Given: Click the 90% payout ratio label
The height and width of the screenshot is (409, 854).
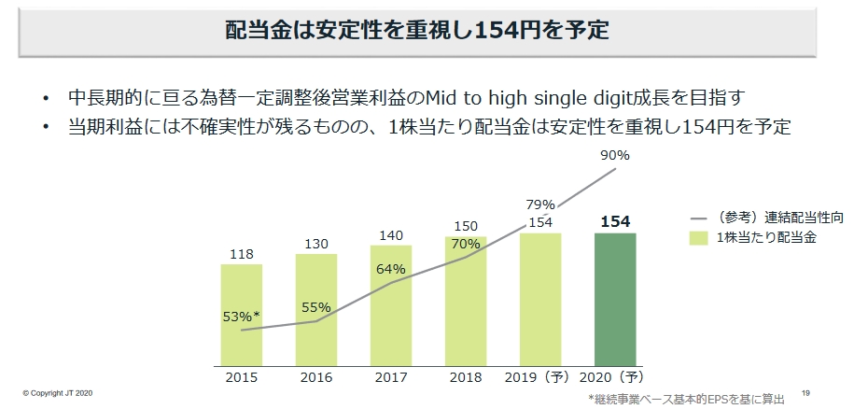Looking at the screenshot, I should [x=616, y=155].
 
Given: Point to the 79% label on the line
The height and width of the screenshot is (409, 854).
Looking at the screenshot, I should [x=540, y=204].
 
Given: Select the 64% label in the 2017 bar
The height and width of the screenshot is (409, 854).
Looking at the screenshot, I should [x=391, y=269].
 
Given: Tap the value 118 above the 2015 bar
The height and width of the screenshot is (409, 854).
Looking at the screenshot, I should [x=242, y=254].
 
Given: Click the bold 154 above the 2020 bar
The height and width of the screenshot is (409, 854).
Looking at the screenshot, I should [x=615, y=221].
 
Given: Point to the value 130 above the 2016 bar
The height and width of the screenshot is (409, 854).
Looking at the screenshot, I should [x=316, y=244].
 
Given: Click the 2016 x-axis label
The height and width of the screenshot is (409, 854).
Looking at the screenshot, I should [x=316, y=378].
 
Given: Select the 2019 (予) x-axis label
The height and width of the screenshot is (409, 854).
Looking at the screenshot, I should [x=540, y=378].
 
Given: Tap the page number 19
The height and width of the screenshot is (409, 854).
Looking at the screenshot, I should [x=805, y=392].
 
